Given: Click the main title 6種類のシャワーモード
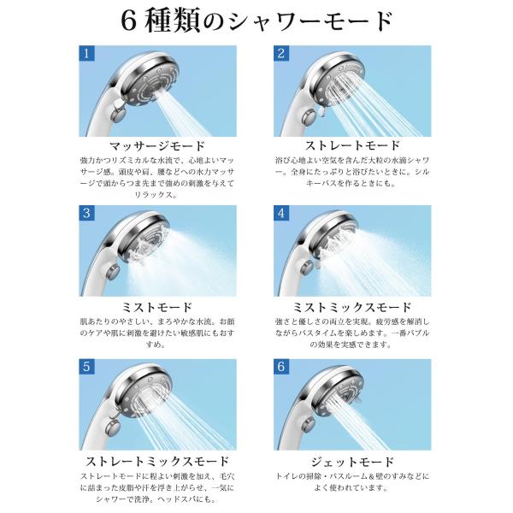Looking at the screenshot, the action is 256,21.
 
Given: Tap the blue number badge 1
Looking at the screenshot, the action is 86,53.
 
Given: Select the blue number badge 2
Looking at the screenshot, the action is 281,53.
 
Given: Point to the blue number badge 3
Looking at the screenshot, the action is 86,213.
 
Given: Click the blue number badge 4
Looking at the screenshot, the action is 281,213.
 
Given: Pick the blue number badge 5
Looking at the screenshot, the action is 86,367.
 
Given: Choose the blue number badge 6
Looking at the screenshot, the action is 281,367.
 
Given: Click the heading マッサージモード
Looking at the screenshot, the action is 157,146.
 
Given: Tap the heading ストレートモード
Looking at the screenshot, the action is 352,145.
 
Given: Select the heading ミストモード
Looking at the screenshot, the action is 157,308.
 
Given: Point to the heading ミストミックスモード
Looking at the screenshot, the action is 352,308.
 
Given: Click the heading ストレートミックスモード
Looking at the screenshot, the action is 157,462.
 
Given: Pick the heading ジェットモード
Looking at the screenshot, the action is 352,462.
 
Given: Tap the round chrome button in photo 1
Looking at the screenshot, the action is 119,116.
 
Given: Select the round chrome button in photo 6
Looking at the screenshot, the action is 309,426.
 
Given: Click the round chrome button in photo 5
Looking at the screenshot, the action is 113,427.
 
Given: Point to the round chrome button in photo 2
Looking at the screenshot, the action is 310,118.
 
